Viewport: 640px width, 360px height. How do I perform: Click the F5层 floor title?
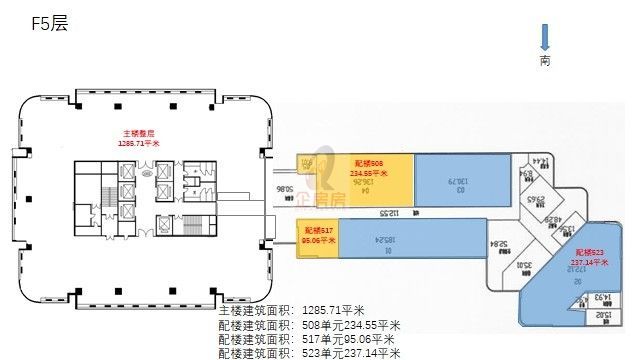pos(49,21)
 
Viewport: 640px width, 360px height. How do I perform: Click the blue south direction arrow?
pos(545,38)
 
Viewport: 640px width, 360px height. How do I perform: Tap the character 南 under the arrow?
pos(545,61)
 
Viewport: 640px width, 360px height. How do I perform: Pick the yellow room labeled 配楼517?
pos(317,236)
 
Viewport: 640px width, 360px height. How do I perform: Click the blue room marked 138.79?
pos(461,179)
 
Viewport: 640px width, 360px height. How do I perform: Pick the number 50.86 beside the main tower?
pos(285,188)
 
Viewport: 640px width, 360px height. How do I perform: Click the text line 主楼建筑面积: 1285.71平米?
pos(295,311)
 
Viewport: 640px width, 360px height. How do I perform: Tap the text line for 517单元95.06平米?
pos(305,339)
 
